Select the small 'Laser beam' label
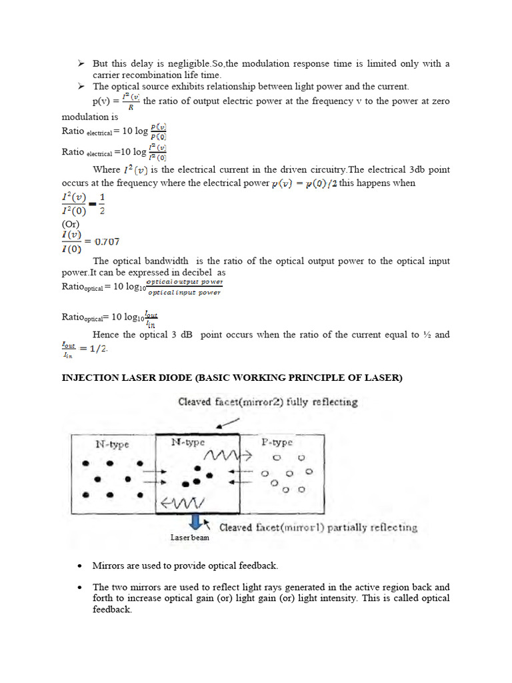(189, 537)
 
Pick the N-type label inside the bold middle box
(187, 442)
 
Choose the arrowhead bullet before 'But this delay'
(80, 63)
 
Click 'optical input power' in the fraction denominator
(184, 293)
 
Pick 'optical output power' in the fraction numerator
(185, 282)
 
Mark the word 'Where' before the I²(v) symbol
(107, 169)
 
